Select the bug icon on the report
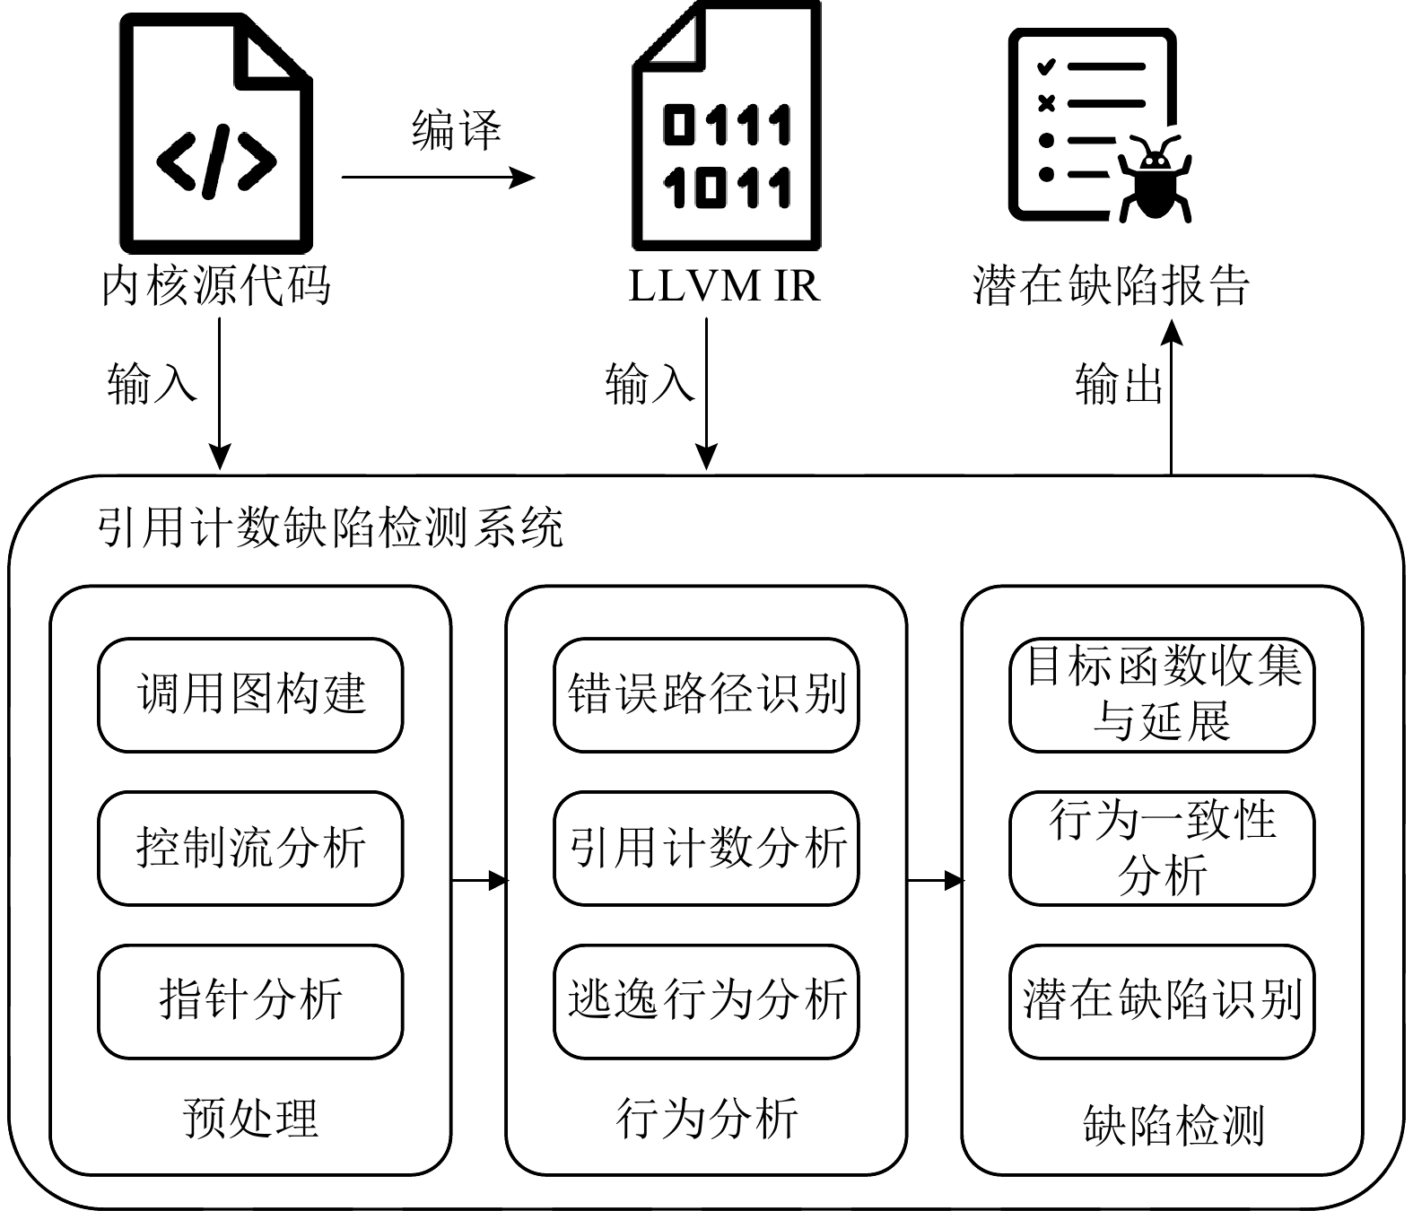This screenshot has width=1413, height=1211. coord(1155,179)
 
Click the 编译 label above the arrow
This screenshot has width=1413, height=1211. coord(457,130)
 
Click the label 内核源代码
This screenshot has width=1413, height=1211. coord(216,286)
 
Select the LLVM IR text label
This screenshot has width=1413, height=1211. coord(725,286)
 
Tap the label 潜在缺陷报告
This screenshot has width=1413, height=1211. coord(1112,286)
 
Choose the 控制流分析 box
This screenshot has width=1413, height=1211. coord(250,848)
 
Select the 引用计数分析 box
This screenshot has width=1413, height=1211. coord(706,848)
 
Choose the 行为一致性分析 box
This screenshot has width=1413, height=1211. coord(1162,848)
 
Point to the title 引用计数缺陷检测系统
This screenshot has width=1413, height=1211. coord(330,527)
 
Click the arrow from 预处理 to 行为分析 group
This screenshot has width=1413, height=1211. coord(478,881)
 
